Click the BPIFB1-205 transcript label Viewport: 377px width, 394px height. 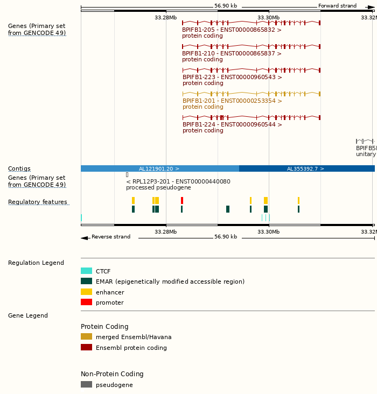coord(232,30)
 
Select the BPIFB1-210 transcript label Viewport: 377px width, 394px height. coord(232,54)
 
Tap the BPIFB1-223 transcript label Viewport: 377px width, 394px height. coord(232,78)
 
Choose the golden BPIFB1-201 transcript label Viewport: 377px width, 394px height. coord(232,101)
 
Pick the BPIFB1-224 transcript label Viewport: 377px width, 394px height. coord(232,125)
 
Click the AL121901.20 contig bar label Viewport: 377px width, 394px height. coord(159,169)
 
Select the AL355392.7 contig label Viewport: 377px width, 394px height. coord(305,169)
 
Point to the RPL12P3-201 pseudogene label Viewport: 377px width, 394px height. coord(178,182)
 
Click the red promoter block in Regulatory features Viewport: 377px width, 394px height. coord(182,200)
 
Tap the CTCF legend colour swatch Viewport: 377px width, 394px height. coord(86,271)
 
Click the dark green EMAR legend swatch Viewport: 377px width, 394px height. coord(86,282)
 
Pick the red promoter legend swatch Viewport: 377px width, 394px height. coord(86,302)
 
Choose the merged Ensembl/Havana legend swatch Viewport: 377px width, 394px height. coord(86,337)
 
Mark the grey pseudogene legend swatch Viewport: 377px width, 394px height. coord(86,385)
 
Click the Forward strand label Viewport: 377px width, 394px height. coord(337,6)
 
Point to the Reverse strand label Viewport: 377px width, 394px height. coord(110,237)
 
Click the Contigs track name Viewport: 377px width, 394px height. coord(19,169)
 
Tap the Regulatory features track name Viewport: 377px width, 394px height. coord(38,202)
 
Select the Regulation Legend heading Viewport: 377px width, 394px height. coord(36,263)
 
